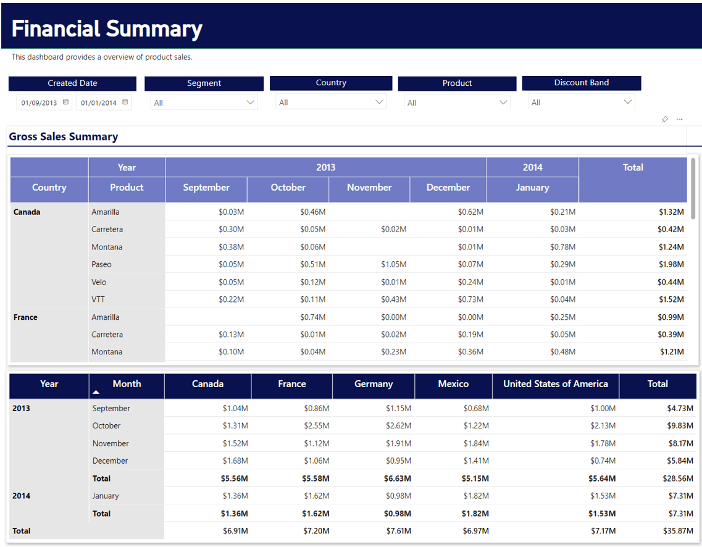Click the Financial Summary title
click(x=107, y=29)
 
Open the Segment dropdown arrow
click(x=251, y=102)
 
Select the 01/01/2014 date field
click(x=98, y=103)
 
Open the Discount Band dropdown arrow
click(x=628, y=102)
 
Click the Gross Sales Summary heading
click(x=64, y=137)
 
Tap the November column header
click(x=369, y=188)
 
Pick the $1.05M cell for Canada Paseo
click(x=393, y=264)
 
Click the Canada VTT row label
click(x=98, y=299)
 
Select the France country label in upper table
click(x=25, y=317)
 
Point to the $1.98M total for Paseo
click(x=671, y=264)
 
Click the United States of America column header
click(x=556, y=384)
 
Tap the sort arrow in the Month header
click(x=96, y=392)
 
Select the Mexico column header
click(x=453, y=384)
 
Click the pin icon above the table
click(x=664, y=119)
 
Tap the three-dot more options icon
click(x=680, y=119)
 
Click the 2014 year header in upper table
click(x=532, y=167)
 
